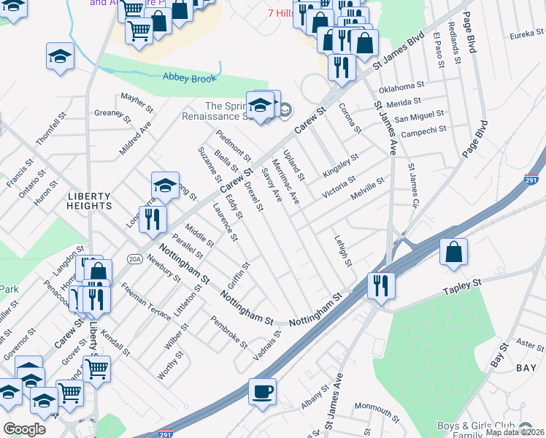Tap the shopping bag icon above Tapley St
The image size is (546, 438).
point(454,253)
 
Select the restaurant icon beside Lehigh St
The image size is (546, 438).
point(381,285)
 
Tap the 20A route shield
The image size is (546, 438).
point(134,258)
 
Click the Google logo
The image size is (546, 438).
point(24,429)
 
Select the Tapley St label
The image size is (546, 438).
point(463,286)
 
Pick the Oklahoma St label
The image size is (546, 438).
point(401,88)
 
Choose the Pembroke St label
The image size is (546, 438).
point(229,331)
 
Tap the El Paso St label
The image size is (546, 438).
point(439,50)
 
